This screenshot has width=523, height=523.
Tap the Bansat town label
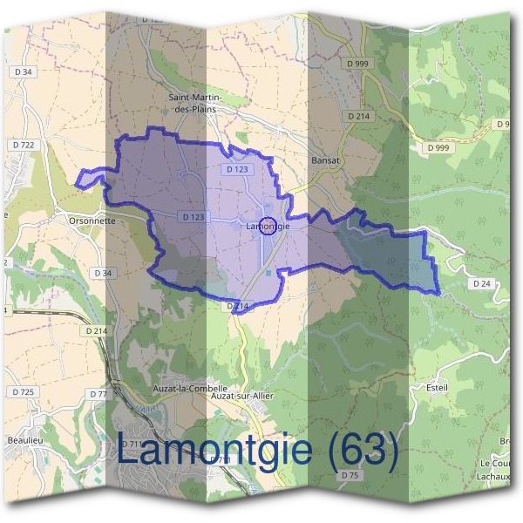pos(324,161)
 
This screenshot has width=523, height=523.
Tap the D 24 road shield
pos(482,284)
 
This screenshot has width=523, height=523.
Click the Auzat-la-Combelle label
pos(180,388)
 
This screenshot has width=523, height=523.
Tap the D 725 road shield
pos(24,393)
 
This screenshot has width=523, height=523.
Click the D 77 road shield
pos(98,394)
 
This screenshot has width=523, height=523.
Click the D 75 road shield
pos(350,475)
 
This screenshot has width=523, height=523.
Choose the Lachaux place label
pos(499,476)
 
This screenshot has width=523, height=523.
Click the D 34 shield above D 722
pos(23,71)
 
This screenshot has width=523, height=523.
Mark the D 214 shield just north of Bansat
pos(357,116)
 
